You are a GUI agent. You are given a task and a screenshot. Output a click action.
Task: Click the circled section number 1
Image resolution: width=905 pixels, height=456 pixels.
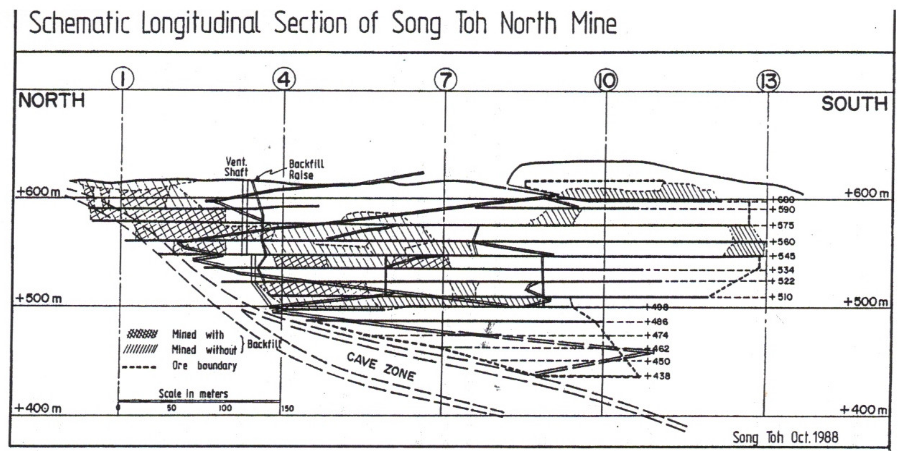point(123,79)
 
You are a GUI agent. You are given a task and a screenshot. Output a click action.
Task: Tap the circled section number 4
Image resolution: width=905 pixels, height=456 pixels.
point(284,79)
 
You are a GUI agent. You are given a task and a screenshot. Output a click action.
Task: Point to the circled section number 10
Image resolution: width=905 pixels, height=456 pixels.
point(606,80)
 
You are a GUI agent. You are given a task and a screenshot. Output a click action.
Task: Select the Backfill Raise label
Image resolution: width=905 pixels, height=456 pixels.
point(306,169)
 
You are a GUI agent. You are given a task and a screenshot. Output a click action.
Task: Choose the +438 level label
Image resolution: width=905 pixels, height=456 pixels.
point(658,376)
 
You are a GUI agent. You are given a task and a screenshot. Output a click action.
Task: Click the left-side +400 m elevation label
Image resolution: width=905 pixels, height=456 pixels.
point(38,408)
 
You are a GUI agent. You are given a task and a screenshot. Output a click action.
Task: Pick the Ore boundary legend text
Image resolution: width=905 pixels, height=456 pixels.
point(204,366)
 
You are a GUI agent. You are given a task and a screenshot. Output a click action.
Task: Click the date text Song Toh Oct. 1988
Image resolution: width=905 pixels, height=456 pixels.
point(785,437)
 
